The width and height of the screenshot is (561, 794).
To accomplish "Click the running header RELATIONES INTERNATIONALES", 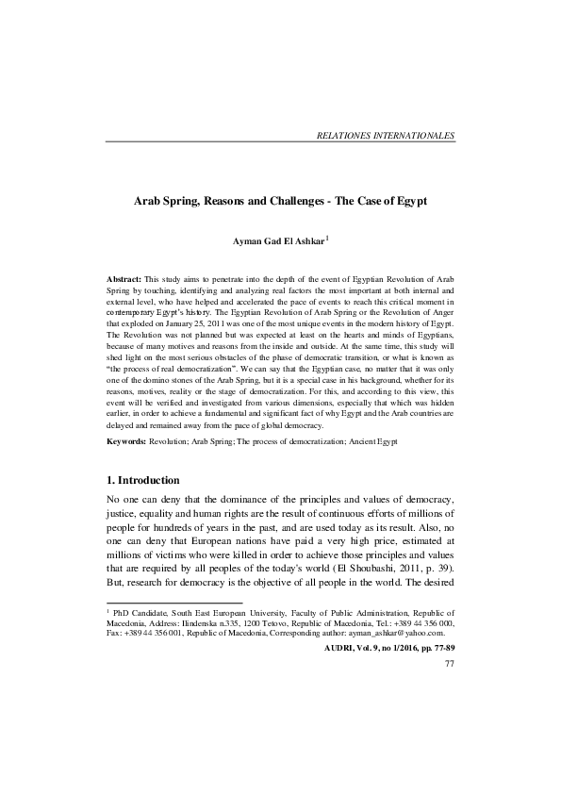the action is click(387, 136).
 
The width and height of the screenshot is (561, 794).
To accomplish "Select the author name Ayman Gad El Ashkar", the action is click(278, 242).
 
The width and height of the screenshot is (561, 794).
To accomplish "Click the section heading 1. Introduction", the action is click(154, 480).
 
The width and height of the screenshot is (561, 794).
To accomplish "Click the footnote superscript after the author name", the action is click(327, 239).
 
